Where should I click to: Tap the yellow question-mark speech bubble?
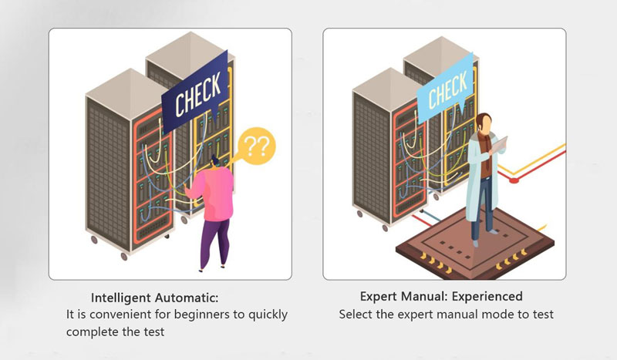(x=256, y=146)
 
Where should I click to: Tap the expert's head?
(x=484, y=123)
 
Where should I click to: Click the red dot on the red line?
(x=514, y=180)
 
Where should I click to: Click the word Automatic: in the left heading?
(x=187, y=298)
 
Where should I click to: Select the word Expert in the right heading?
(x=379, y=296)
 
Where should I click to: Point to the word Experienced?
(x=487, y=296)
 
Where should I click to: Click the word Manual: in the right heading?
(x=424, y=296)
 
